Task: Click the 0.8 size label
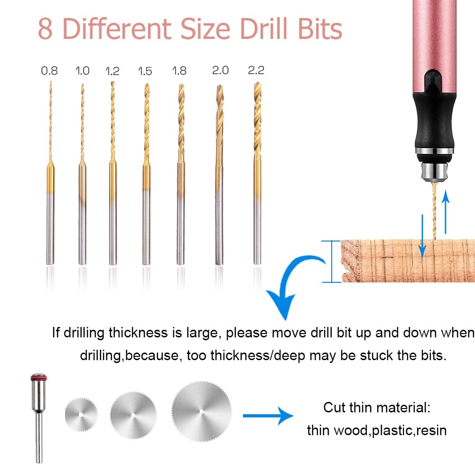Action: [x=49, y=71]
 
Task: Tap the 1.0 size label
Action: [x=82, y=71]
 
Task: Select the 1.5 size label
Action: [x=145, y=71]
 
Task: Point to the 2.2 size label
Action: [x=256, y=70]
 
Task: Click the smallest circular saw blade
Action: [x=81, y=413]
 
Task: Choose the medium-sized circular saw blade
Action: [x=133, y=411]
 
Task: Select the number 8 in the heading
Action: [x=46, y=29]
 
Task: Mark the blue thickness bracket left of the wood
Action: [x=331, y=261]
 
